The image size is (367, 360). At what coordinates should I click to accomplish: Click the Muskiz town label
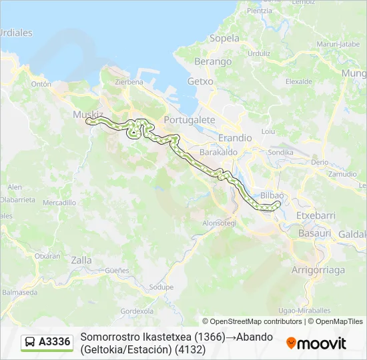point(85,114)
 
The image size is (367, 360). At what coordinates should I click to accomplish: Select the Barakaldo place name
point(219,152)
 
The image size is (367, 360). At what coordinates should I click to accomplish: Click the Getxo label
point(200,81)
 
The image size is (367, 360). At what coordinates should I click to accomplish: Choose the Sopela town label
point(224,38)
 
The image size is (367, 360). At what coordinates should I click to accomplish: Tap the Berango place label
point(212,61)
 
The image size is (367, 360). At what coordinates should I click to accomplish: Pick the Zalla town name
point(81,261)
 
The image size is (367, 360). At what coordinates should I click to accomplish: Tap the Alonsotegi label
point(220,223)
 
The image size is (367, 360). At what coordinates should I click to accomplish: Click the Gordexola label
point(136,311)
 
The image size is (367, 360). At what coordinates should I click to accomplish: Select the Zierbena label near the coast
point(129,82)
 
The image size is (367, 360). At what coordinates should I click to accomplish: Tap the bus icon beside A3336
point(31,342)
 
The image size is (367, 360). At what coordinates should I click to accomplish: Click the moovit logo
point(316,343)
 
